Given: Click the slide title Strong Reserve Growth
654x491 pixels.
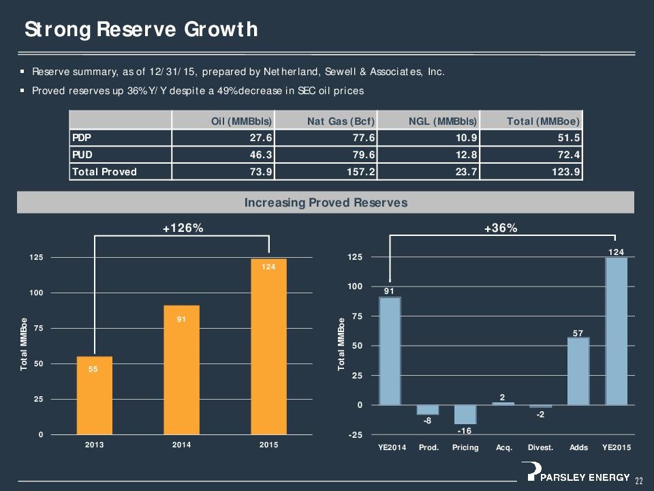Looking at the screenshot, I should click(x=140, y=29).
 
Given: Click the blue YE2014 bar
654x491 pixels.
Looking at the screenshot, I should click(x=390, y=351).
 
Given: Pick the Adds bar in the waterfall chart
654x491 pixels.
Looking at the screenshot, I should click(x=578, y=371).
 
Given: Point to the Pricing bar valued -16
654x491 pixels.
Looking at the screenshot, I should click(x=465, y=415).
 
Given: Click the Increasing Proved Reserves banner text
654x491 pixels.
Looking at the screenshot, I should click(x=326, y=203).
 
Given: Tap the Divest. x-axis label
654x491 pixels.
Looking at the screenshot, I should click(x=540, y=448).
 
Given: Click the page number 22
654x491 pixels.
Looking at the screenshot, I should click(x=639, y=481).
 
